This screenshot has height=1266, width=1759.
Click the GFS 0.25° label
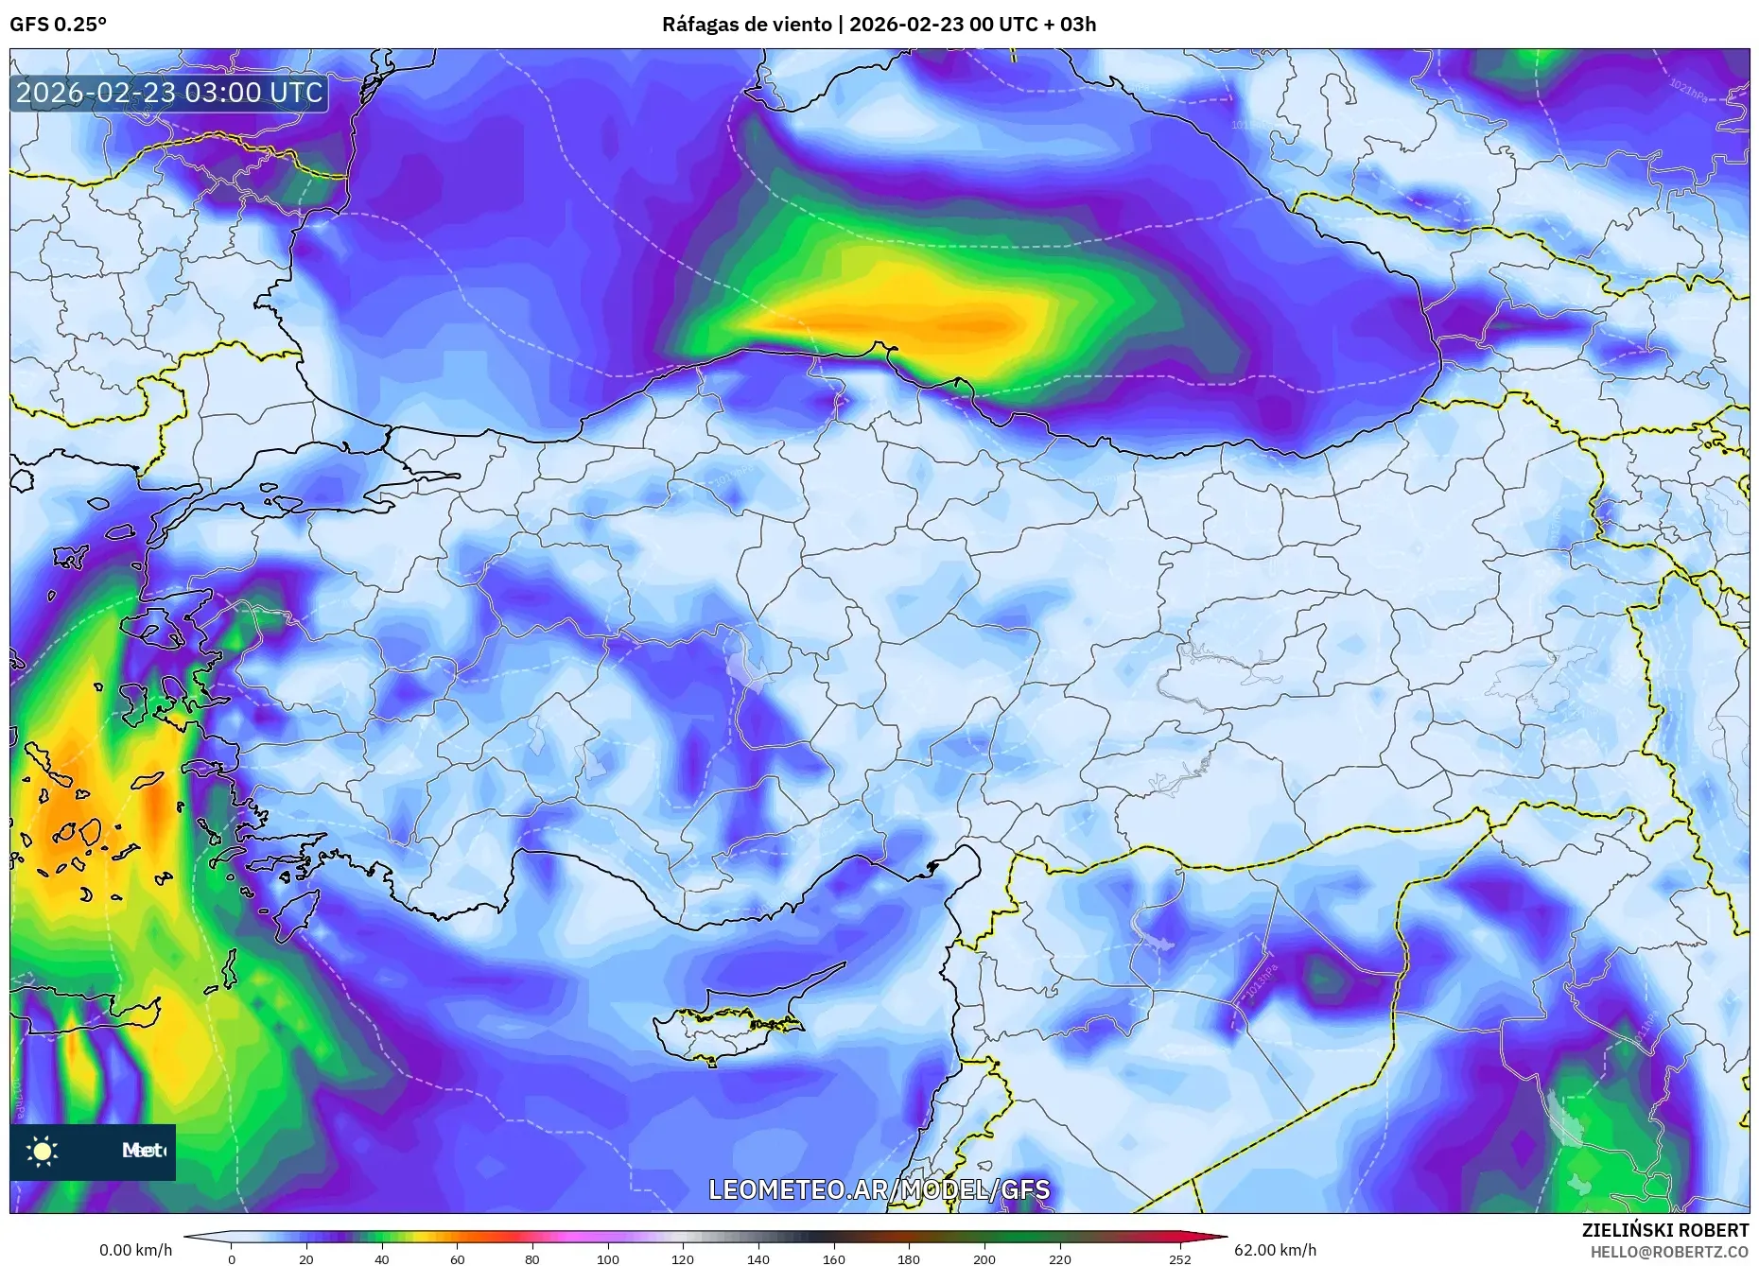pyautogui.click(x=58, y=25)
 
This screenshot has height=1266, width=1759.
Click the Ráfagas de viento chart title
pyautogui.click(x=879, y=25)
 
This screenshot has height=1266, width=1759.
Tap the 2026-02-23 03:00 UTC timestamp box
pyautogui.click(x=169, y=93)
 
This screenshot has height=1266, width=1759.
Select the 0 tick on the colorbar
pyautogui.click(x=232, y=1258)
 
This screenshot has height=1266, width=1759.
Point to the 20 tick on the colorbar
pyautogui.click(x=306, y=1258)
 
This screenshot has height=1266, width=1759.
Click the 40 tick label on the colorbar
pyautogui.click(x=382, y=1258)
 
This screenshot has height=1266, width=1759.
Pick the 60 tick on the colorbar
pyautogui.click(x=458, y=1258)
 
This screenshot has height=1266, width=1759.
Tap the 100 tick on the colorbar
pyautogui.click(x=608, y=1258)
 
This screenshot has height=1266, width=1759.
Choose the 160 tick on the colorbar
pyautogui.click(x=833, y=1258)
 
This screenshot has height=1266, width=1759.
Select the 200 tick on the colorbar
pyautogui.click(x=984, y=1258)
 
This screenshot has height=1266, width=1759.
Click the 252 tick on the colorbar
pyautogui.click(x=1179, y=1258)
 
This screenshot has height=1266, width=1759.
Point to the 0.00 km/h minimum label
pyautogui.click(x=136, y=1250)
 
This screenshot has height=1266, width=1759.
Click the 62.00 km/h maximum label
pyautogui.click(x=1275, y=1250)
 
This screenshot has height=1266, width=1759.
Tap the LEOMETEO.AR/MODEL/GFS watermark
pyautogui.click(x=879, y=1188)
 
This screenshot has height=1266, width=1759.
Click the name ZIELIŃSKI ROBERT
pyautogui.click(x=1664, y=1230)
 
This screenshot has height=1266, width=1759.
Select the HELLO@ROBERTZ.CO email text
pyautogui.click(x=1669, y=1252)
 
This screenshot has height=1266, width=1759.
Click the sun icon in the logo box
pyautogui.click(x=43, y=1151)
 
